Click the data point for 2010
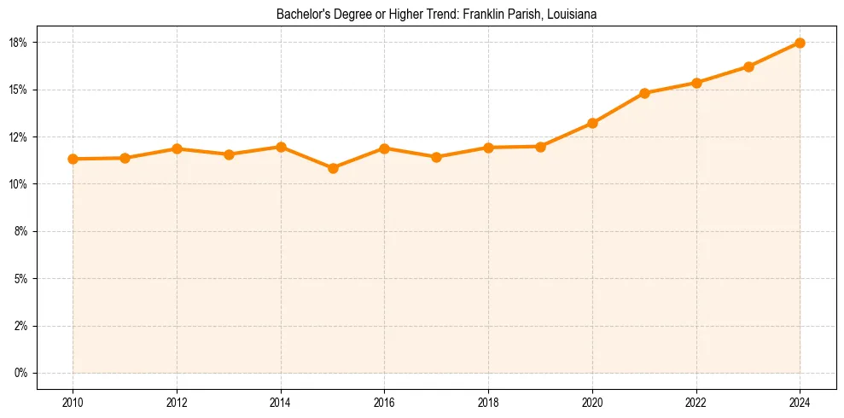click(x=73, y=159)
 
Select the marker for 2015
click(x=333, y=168)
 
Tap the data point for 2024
click(x=800, y=43)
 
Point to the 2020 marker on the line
click(x=592, y=123)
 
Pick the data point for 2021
click(x=644, y=93)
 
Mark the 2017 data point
click(x=436, y=157)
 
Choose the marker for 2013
click(x=229, y=154)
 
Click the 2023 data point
click(x=748, y=67)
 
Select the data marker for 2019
click(x=540, y=147)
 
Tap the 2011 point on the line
click(x=125, y=158)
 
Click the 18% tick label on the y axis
click(x=19, y=43)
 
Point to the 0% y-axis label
click(x=21, y=373)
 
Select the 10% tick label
click(x=19, y=184)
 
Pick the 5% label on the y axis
click(x=21, y=279)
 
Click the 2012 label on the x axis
click(x=177, y=402)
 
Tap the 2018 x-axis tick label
click(x=488, y=402)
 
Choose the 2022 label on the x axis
click(x=696, y=402)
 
